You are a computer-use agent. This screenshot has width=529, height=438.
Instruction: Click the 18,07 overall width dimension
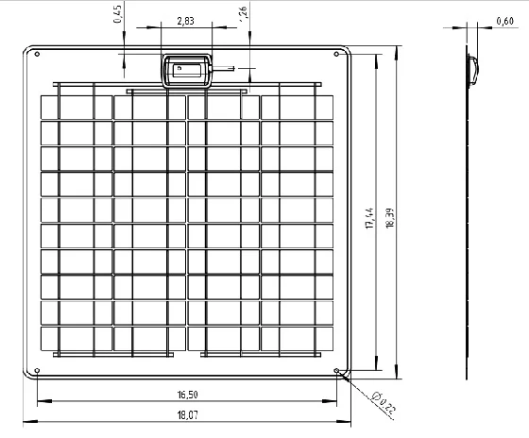click(188, 415)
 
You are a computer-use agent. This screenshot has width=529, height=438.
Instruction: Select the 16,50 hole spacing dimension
click(188, 395)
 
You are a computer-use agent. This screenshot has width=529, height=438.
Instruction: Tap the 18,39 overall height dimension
click(390, 218)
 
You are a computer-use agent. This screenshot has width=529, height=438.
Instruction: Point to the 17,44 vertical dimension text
click(370, 218)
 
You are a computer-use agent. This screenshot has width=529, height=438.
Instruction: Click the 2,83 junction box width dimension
click(185, 21)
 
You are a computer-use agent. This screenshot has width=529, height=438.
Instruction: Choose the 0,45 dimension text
click(118, 14)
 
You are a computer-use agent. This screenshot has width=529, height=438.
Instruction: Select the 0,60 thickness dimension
click(504, 22)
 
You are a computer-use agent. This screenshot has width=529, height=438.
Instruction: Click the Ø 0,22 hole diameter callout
click(383, 402)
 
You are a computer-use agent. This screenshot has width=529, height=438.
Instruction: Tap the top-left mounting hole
click(37, 54)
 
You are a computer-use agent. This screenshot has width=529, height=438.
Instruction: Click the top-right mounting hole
click(336, 54)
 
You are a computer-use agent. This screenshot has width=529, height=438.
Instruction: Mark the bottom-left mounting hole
click(37, 371)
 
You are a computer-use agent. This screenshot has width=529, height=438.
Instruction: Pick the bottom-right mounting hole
click(336, 371)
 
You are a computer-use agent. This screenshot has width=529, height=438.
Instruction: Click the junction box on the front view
click(187, 71)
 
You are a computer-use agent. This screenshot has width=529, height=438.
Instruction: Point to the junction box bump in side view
click(473, 70)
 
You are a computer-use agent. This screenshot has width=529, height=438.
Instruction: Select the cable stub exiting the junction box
click(222, 69)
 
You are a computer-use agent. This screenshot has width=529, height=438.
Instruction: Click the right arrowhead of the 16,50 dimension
click(330, 401)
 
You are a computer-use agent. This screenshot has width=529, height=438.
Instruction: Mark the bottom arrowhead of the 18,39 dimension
click(397, 372)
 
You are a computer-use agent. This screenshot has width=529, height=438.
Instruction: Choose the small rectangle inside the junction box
click(187, 70)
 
